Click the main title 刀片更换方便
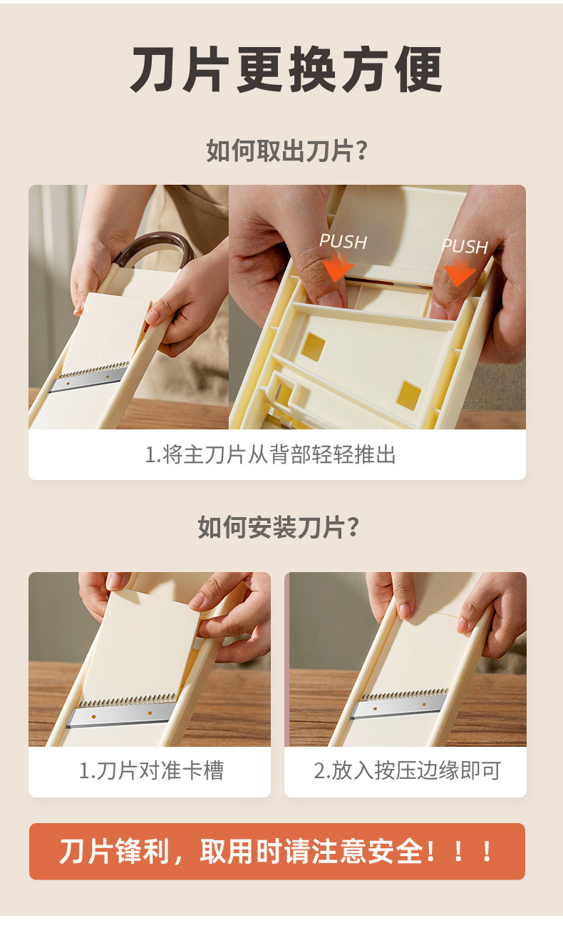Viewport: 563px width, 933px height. coord(286,70)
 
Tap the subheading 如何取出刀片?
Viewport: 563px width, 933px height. coord(286,151)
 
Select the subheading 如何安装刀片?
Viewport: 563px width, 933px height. coord(279,527)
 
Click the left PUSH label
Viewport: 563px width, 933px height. coord(344,242)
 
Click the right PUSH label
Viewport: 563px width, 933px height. coord(465,246)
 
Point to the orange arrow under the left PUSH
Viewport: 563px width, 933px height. coord(338,267)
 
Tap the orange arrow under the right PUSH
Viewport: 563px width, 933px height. coord(459,272)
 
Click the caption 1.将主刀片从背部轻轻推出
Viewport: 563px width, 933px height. coord(270,454)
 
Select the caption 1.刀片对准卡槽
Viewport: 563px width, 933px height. coord(152,770)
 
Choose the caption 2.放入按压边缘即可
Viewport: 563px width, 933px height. coord(407,770)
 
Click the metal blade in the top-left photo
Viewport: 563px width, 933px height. coord(88,377)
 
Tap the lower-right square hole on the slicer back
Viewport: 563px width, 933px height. coord(409,395)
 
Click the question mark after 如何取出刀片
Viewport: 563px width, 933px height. coord(361,151)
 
